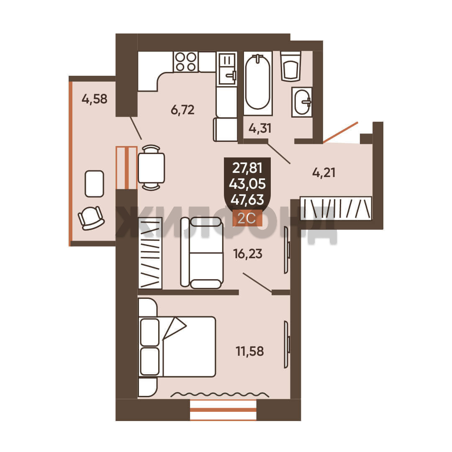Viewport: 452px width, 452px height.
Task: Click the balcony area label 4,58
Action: click(x=95, y=99)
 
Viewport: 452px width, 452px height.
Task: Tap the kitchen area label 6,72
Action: click(x=182, y=110)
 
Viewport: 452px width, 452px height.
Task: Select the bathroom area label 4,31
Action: click(x=260, y=128)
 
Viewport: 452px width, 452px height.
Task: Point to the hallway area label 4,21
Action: click(x=324, y=173)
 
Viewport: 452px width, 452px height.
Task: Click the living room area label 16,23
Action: click(x=248, y=254)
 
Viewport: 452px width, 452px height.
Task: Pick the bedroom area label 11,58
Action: click(x=249, y=352)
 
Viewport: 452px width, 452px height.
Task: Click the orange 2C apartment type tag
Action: click(x=247, y=218)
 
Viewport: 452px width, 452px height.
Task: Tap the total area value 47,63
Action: click(x=247, y=200)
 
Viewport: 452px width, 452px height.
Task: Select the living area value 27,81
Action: click(x=247, y=168)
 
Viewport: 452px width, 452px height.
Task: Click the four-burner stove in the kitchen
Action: click(x=186, y=62)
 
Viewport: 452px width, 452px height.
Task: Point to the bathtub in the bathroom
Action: click(x=258, y=83)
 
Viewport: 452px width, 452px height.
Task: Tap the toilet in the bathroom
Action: click(x=290, y=66)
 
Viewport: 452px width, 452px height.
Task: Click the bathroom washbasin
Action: click(x=302, y=102)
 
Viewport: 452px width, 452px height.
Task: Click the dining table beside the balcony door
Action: click(x=152, y=168)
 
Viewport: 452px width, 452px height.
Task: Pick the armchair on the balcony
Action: click(x=91, y=218)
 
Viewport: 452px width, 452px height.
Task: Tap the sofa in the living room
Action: click(x=202, y=253)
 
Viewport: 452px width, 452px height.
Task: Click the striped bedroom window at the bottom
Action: click(x=223, y=410)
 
